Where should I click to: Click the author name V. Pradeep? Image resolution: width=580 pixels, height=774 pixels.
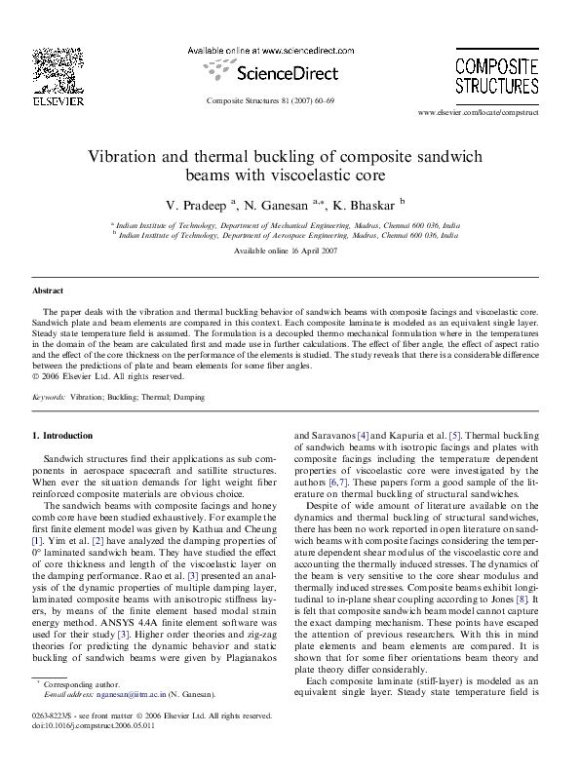[x=197, y=206]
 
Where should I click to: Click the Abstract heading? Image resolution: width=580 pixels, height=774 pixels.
[x=48, y=290]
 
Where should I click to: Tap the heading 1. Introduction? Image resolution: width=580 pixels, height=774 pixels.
[x=63, y=435]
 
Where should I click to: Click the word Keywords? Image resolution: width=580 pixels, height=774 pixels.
[x=50, y=399]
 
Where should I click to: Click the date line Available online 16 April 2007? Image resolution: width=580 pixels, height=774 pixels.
[x=290, y=252]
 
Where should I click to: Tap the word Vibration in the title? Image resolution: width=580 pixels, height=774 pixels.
[x=124, y=156]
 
